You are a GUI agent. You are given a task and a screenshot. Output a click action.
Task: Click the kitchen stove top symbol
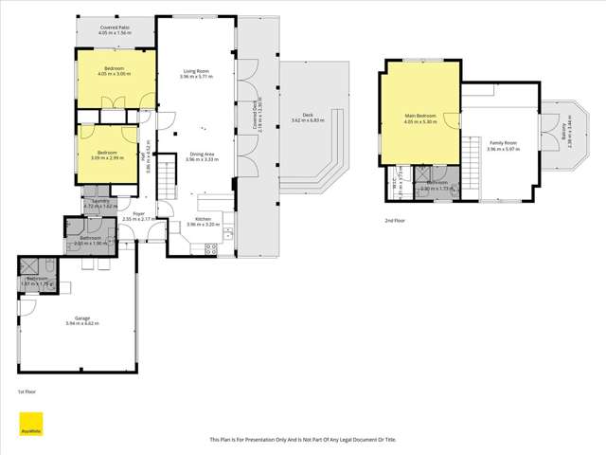tap(212, 249)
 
